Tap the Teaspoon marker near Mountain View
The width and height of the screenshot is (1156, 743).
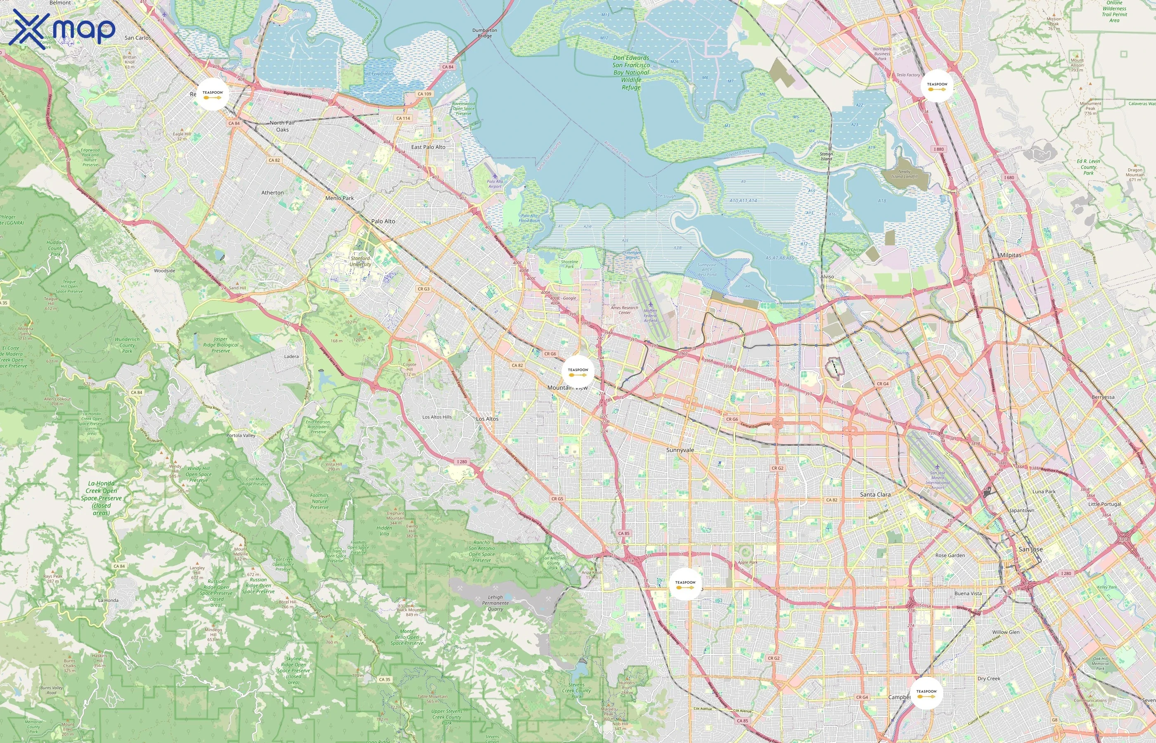578,371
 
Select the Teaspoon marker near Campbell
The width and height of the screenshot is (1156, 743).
926,693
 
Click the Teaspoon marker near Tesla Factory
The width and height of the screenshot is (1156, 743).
937,86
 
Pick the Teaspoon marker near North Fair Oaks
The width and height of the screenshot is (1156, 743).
213,94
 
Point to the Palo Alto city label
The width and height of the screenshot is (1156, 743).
383,221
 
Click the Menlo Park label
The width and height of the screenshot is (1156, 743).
339,198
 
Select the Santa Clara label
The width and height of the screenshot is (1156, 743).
875,495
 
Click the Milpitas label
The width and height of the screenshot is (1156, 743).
1010,255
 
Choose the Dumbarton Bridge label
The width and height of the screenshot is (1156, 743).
484,33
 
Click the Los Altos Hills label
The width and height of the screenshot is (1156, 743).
437,417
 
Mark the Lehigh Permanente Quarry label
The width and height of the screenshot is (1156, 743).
495,603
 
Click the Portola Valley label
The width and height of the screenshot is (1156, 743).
241,435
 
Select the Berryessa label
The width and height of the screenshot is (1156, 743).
1103,398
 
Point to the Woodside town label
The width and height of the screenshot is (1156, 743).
164,271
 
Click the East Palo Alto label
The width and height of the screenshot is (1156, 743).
428,147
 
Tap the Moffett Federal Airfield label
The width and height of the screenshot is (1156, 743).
650,315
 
